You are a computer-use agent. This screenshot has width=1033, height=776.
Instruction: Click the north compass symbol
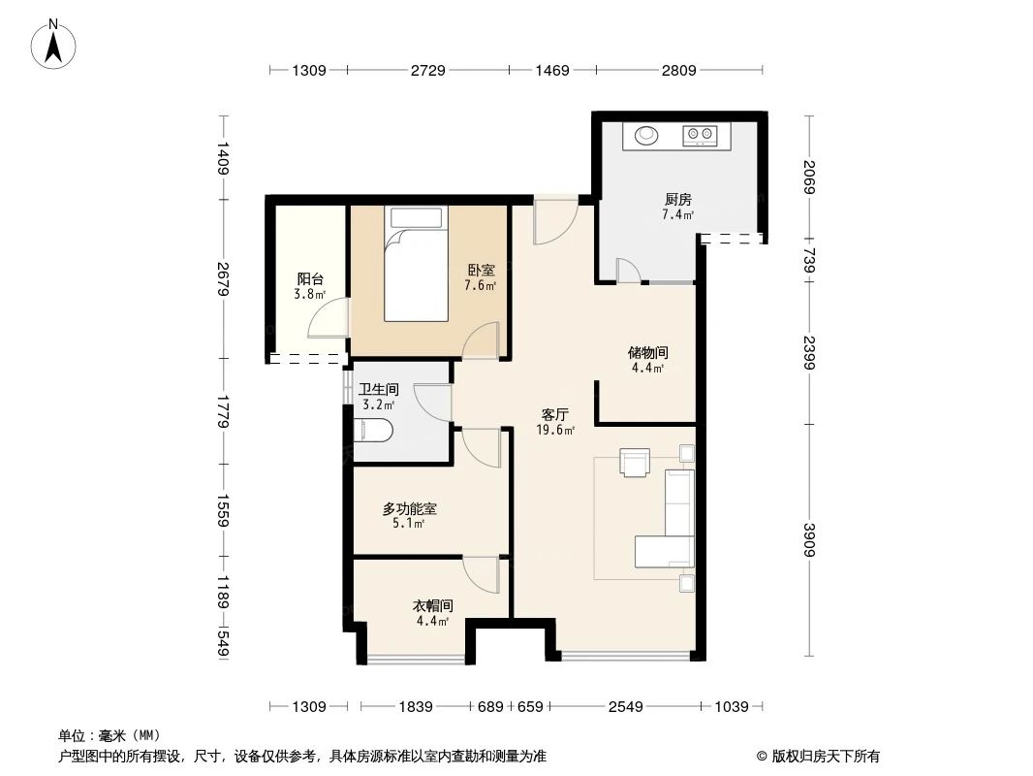(55, 43)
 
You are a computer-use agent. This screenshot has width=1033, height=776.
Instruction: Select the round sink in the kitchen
(646, 136)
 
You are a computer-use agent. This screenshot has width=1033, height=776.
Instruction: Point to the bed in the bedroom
(418, 264)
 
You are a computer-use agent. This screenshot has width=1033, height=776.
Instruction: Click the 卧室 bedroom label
(482, 271)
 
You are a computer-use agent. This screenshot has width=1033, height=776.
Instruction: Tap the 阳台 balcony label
(310, 278)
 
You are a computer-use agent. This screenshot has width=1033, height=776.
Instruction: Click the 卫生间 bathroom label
(379, 389)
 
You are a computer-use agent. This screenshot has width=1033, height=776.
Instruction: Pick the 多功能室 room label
(409, 508)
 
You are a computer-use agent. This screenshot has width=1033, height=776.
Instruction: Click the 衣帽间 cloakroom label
(432, 605)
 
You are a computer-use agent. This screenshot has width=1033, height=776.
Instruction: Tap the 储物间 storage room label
(648, 353)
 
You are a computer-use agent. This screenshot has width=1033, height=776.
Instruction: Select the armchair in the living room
(636, 463)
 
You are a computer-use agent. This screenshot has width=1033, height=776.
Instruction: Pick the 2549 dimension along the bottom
(626, 707)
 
